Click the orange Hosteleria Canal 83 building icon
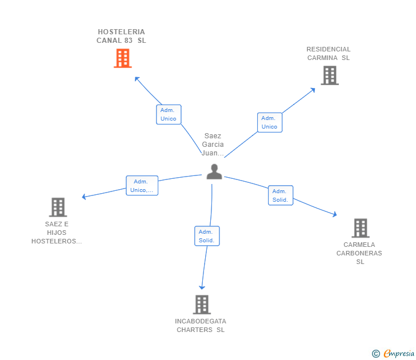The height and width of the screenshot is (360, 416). tap(123, 58)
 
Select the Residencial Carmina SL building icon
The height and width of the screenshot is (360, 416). tap(329, 75)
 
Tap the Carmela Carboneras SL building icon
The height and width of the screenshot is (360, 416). tap(360, 228)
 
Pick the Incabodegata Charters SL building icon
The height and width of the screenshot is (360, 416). tap(201, 305)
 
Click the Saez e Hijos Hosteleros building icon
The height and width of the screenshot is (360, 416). tap(58, 207)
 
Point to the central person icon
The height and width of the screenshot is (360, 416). tap(214, 171)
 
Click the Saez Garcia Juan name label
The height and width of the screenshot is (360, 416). tap(213, 145)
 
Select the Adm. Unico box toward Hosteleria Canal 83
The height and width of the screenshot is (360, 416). tap(169, 114)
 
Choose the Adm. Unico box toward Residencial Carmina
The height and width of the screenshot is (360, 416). tap(269, 122)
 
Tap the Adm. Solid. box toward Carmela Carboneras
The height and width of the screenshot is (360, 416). tap(280, 195)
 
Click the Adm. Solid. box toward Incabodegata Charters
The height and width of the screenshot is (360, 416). tap(206, 236)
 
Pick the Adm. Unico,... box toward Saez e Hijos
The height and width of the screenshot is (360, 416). tap(142, 186)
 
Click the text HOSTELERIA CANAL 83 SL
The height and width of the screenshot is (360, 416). tap(121, 36)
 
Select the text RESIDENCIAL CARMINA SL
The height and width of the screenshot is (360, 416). tap(329, 53)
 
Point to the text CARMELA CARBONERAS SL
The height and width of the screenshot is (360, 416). tap(359, 253)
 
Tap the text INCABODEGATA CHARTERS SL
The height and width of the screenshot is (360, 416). tap(201, 325)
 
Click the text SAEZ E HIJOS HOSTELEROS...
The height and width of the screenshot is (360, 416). tap(57, 233)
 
